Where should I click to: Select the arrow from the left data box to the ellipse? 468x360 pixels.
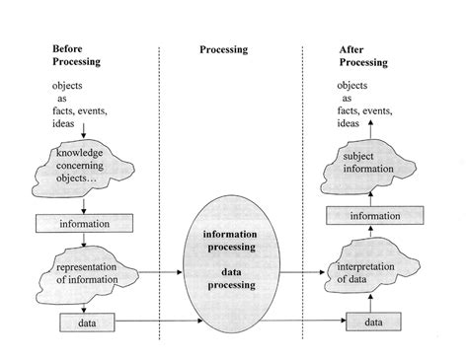point(148,321)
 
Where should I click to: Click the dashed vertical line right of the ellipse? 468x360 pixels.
point(306,148)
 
